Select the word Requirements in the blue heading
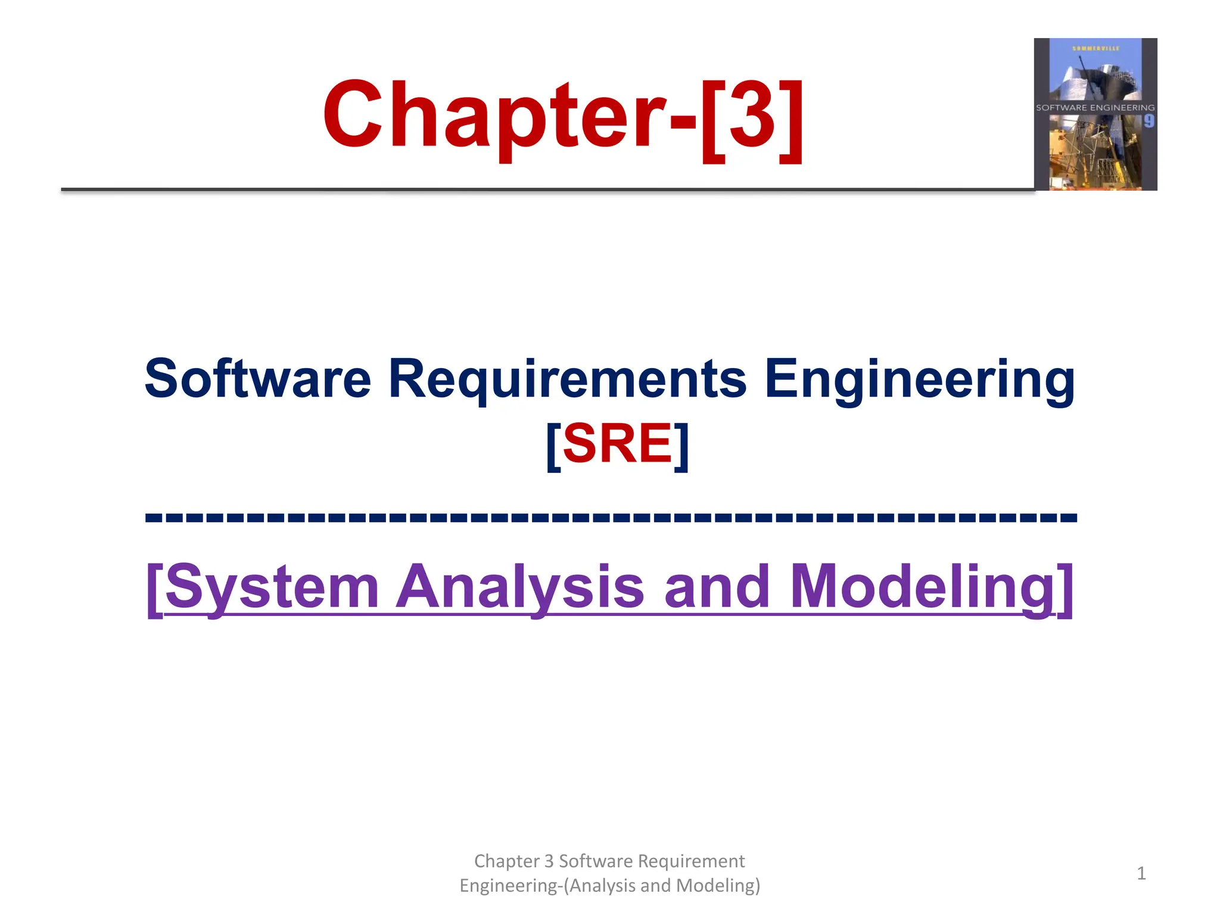coord(567,379)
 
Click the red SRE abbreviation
coord(618,443)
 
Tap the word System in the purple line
coord(272,587)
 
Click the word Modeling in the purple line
coord(923,587)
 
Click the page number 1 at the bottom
coord(1141,873)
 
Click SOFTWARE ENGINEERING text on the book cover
coord(1095,108)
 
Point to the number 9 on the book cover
coord(1149,122)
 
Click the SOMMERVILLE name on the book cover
coord(1095,48)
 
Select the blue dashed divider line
coord(610,517)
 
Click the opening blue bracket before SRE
coord(553,444)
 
